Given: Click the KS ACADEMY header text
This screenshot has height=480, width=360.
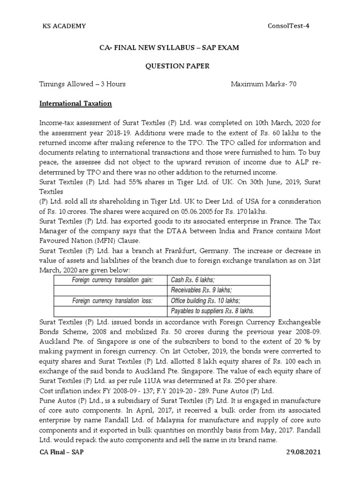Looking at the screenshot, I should click(x=64, y=26).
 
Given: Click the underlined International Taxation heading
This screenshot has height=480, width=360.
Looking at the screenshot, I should click(x=75, y=103).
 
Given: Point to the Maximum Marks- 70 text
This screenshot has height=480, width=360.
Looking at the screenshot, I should click(x=263, y=84).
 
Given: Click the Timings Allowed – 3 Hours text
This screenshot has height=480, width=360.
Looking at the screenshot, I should click(x=82, y=84).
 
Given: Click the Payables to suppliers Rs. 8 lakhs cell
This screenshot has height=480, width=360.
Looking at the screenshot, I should click(x=212, y=311).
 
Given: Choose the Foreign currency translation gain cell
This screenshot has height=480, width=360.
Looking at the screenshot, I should click(x=112, y=280).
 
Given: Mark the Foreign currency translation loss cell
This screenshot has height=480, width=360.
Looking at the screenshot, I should click(x=112, y=300).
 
